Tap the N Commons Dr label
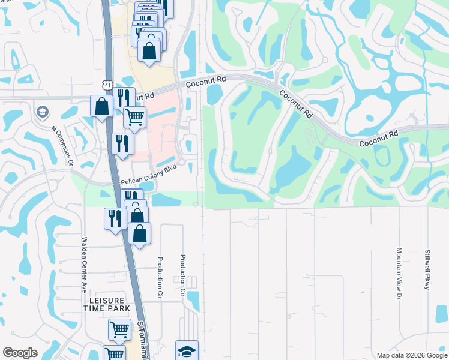(x=62, y=146)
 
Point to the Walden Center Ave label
(x=85, y=263)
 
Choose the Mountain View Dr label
(x=398, y=273)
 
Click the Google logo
(x=20, y=353)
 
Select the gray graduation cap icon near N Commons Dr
(x=42, y=112)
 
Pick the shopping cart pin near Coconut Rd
(x=135, y=117)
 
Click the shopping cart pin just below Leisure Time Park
(x=119, y=329)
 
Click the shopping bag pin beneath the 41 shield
(x=103, y=106)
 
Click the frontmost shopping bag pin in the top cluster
(x=149, y=50)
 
